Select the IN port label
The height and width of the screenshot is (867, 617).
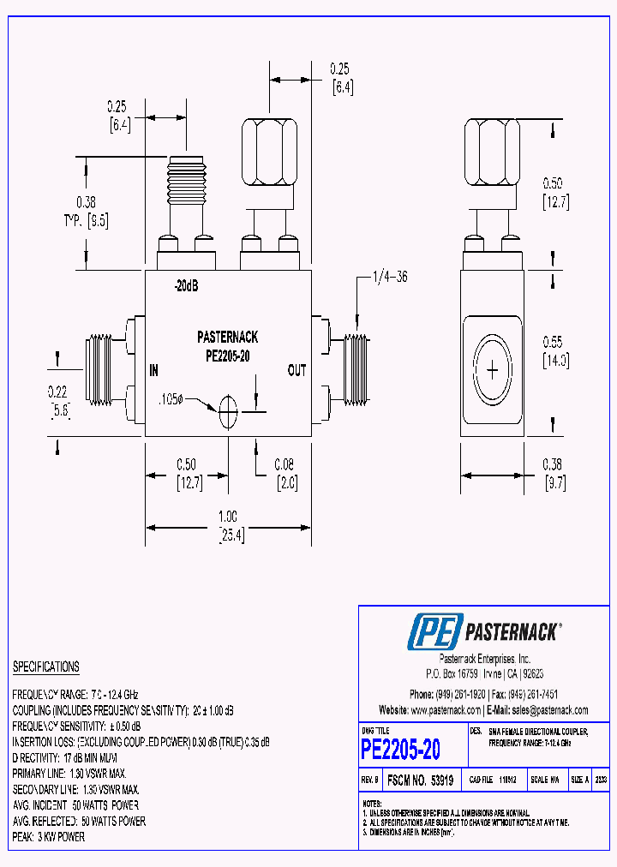pos(154,371)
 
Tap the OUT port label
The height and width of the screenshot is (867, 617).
pos(297,371)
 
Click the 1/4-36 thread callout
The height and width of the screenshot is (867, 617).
pos(391,277)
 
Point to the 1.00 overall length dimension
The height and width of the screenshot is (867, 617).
pos(228,517)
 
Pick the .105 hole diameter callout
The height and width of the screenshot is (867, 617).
pos(172,400)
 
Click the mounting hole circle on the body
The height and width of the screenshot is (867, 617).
pos(227,413)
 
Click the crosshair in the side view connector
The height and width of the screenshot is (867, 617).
pos(493,370)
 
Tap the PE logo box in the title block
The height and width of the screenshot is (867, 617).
pos(435,632)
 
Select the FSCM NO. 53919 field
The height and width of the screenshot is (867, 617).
pos(421,780)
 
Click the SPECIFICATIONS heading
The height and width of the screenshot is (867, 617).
pos(45,667)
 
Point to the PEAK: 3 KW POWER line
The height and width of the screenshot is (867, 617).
pos(49,837)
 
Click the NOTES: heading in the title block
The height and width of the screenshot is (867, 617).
pos(371,804)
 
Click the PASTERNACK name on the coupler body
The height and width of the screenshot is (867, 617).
pos(227,338)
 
